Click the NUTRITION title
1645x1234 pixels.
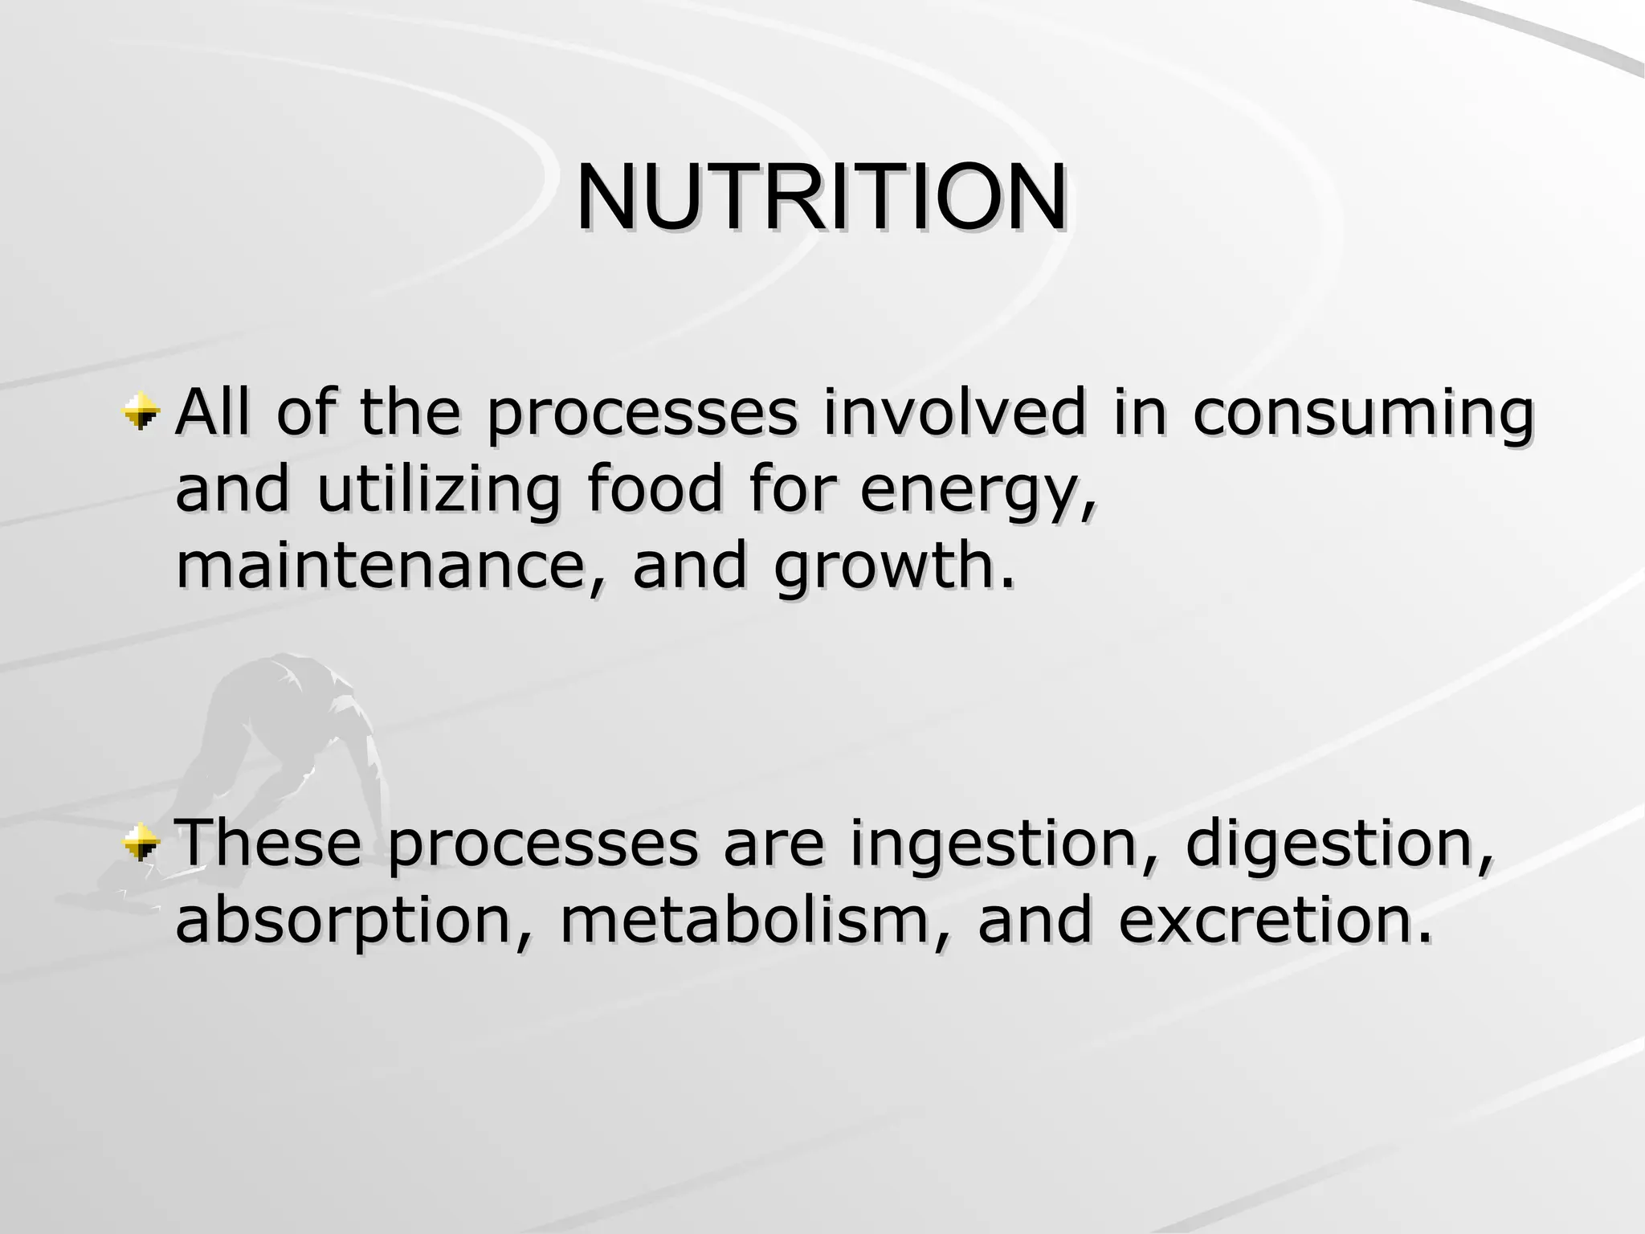[x=821, y=197]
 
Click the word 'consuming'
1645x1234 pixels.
[x=1363, y=415]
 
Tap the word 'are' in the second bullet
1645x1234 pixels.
[x=774, y=844]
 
